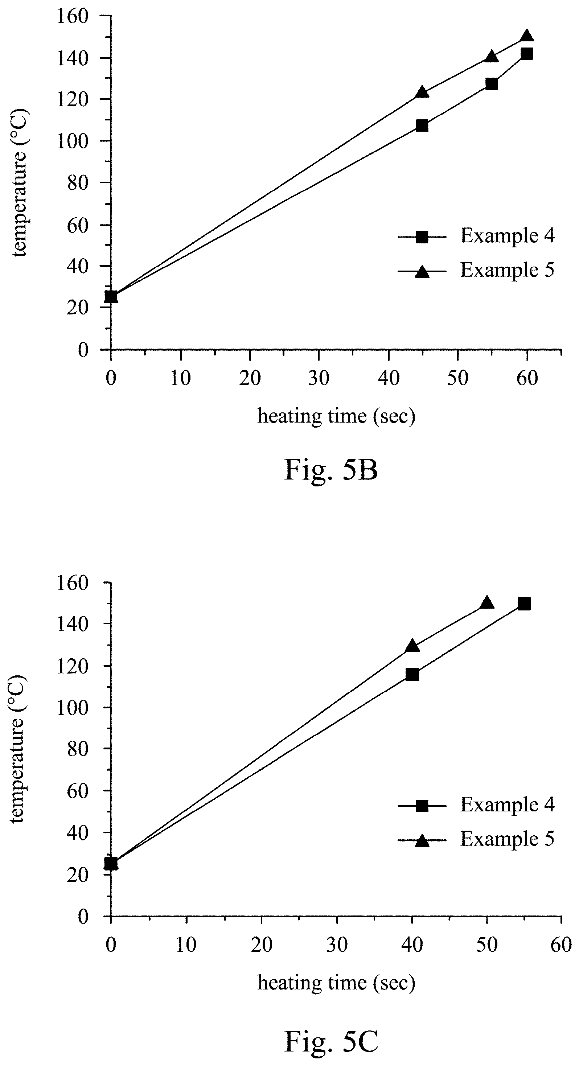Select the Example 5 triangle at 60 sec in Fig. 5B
[x=527, y=36]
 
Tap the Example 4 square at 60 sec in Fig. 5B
[x=527, y=54]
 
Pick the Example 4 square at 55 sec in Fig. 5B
[x=492, y=84]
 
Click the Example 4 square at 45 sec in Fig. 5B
[x=422, y=126]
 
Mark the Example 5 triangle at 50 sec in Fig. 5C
[x=487, y=603]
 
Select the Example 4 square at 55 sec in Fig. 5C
[x=524, y=604]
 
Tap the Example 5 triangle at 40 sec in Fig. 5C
[x=412, y=646]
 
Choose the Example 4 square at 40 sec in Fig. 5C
[x=412, y=675]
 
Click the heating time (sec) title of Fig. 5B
[x=336, y=416]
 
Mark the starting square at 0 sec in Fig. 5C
[x=111, y=864]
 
